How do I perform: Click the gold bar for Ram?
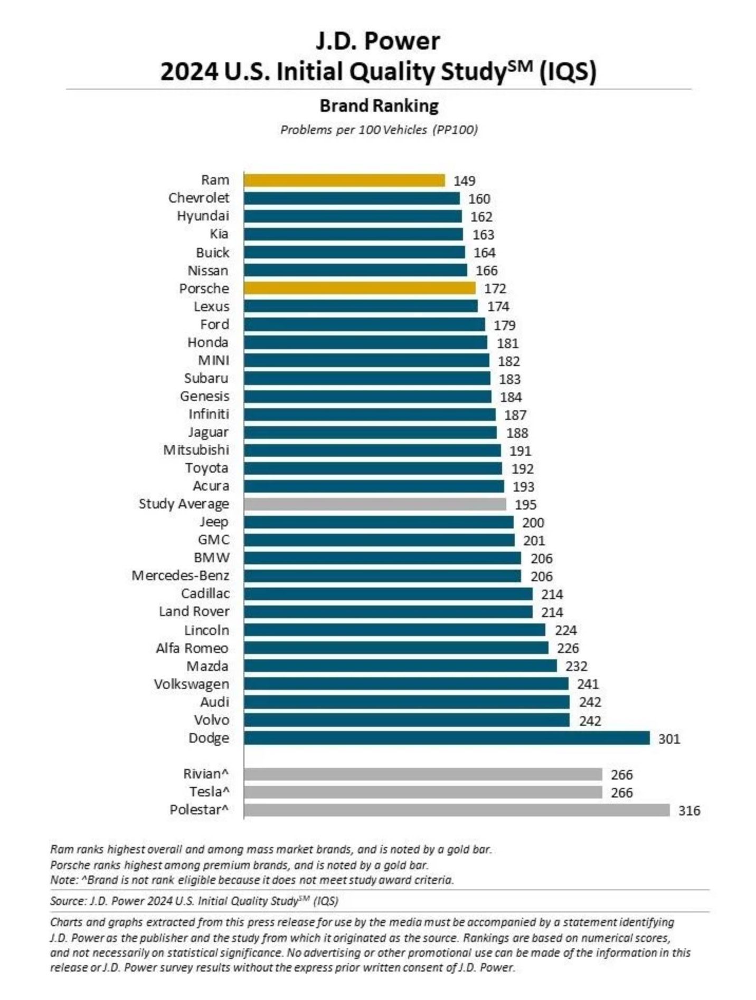(344, 180)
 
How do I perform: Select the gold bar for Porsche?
(360, 289)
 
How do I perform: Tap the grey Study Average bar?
(375, 504)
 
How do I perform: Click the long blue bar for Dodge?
(447, 738)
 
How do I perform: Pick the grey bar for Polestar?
(457, 810)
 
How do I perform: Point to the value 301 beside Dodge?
(669, 739)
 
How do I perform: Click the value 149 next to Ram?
(464, 181)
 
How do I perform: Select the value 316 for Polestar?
(689, 811)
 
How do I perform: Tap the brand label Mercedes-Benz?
(181, 575)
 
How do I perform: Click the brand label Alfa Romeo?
(192, 648)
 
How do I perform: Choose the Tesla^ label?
(209, 792)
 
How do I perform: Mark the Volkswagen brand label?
(192, 684)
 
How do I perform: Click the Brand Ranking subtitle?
(379, 106)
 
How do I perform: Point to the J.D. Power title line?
(378, 41)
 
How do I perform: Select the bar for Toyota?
(373, 468)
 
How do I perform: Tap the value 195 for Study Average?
(525, 505)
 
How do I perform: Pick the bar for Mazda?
(400, 666)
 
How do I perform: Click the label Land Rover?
(194, 612)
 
